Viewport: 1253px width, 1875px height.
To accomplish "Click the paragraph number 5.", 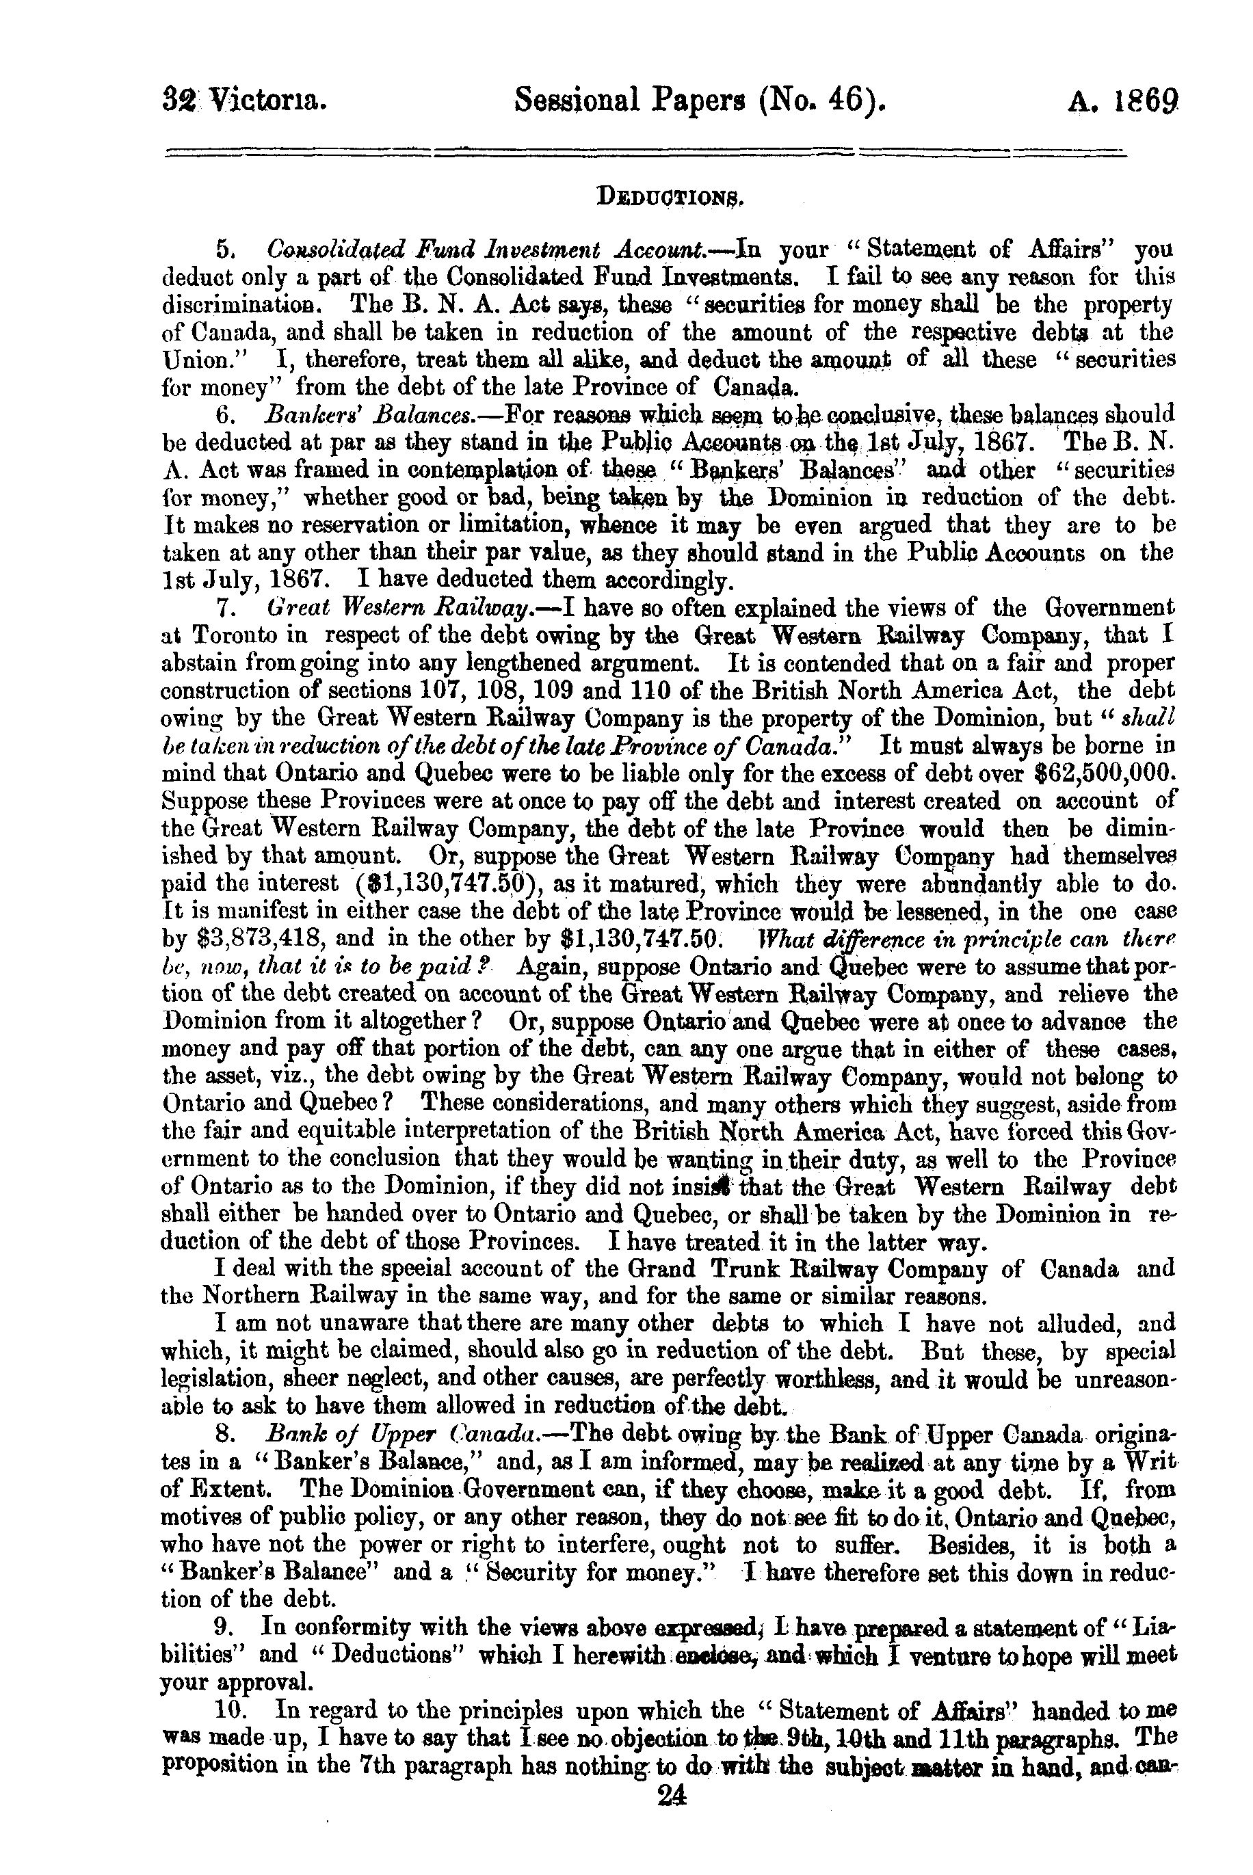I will tap(224, 250).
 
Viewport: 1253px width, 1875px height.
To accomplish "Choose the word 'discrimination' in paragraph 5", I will tap(248, 305).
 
